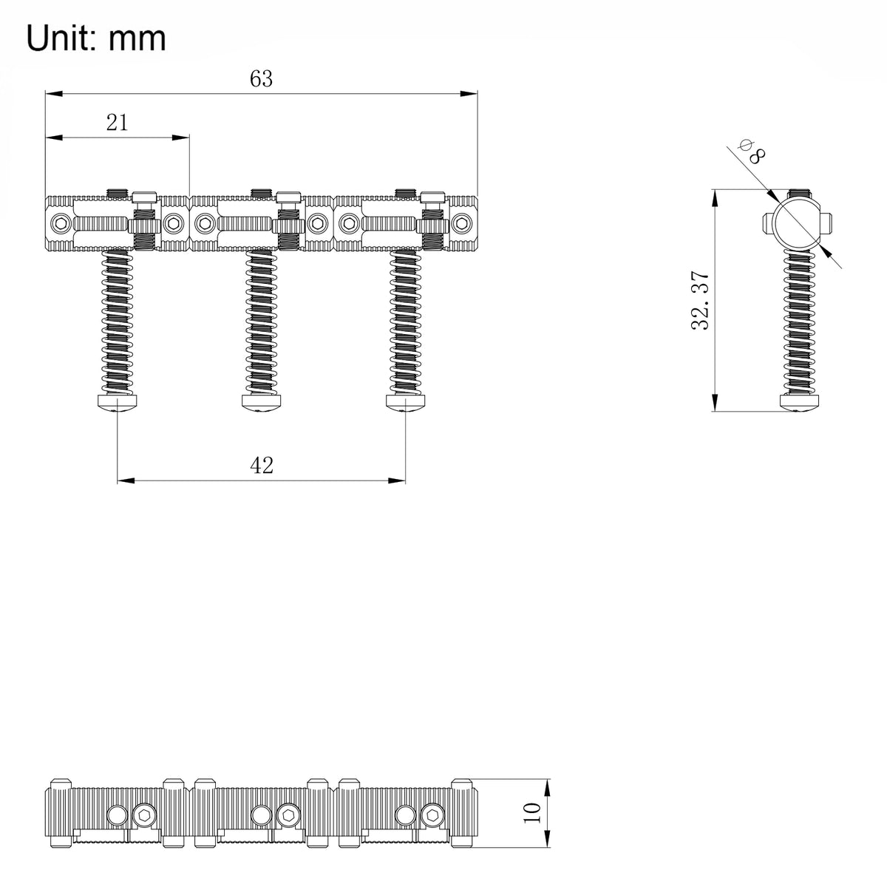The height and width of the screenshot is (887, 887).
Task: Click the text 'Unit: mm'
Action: coord(96,38)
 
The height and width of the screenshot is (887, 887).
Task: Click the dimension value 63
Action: coord(261,78)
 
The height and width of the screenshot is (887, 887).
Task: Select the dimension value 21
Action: coord(117,123)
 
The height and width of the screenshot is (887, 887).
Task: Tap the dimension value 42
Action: coord(262,466)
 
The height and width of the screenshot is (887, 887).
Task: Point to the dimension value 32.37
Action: coord(700,300)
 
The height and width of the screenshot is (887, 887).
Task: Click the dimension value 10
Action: coord(532,813)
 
